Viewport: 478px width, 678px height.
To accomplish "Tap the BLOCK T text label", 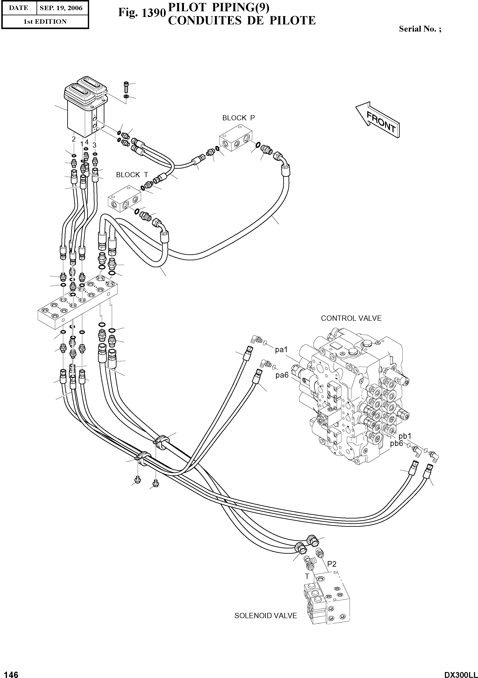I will coord(132,175).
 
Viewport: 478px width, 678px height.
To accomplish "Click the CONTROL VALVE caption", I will coord(351,318).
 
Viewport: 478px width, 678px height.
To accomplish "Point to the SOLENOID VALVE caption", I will coord(265,616).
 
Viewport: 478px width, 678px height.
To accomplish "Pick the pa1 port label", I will coord(281,350).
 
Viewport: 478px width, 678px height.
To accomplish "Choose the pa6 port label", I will coord(282,375).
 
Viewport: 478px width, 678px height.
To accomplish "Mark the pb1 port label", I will coord(405,436).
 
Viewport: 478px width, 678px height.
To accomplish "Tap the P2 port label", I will coord(332,564).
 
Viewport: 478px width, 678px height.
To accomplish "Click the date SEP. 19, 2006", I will coord(61,8).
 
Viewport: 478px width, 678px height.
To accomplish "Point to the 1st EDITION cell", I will coord(45,22).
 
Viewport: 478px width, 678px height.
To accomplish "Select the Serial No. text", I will coord(420,29).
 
